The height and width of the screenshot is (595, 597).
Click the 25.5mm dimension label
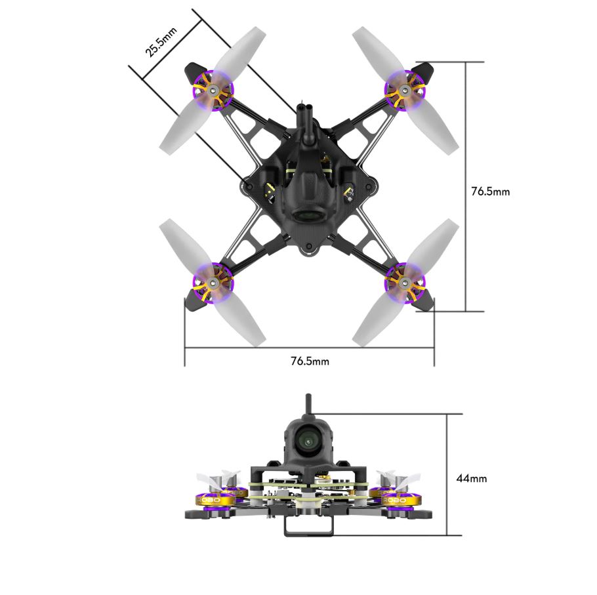[161, 42]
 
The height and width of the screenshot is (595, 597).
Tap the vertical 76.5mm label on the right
[491, 191]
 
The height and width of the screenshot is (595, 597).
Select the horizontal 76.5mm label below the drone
[310, 361]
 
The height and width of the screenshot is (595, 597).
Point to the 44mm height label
[471, 478]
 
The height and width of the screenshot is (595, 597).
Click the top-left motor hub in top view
[213, 91]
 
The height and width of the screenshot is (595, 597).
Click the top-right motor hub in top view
[405, 91]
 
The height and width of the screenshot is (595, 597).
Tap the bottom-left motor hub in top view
[213, 283]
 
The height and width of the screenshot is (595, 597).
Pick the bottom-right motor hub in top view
[405, 282]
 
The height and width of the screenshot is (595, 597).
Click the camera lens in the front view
[308, 441]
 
